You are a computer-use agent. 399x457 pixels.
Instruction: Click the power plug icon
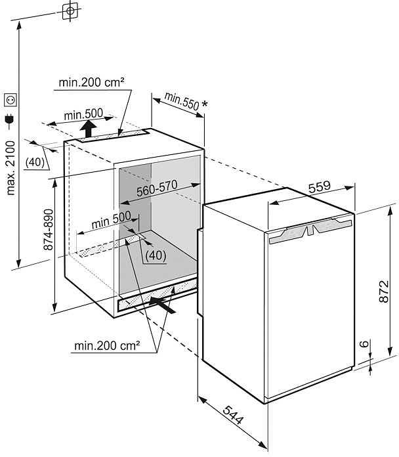pos(10,120)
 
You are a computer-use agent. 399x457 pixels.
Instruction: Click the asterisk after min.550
pos(205,104)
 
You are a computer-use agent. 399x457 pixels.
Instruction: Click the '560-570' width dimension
pos(157,190)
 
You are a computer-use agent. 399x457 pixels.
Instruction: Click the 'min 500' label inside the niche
pos(111,221)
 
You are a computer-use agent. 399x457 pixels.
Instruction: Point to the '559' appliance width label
pos(319,187)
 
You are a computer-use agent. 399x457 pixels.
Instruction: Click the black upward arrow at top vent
pos(89,126)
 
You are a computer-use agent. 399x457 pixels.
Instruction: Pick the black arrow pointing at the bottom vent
pos(164,303)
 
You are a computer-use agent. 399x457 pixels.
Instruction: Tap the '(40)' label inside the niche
pos(155,254)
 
